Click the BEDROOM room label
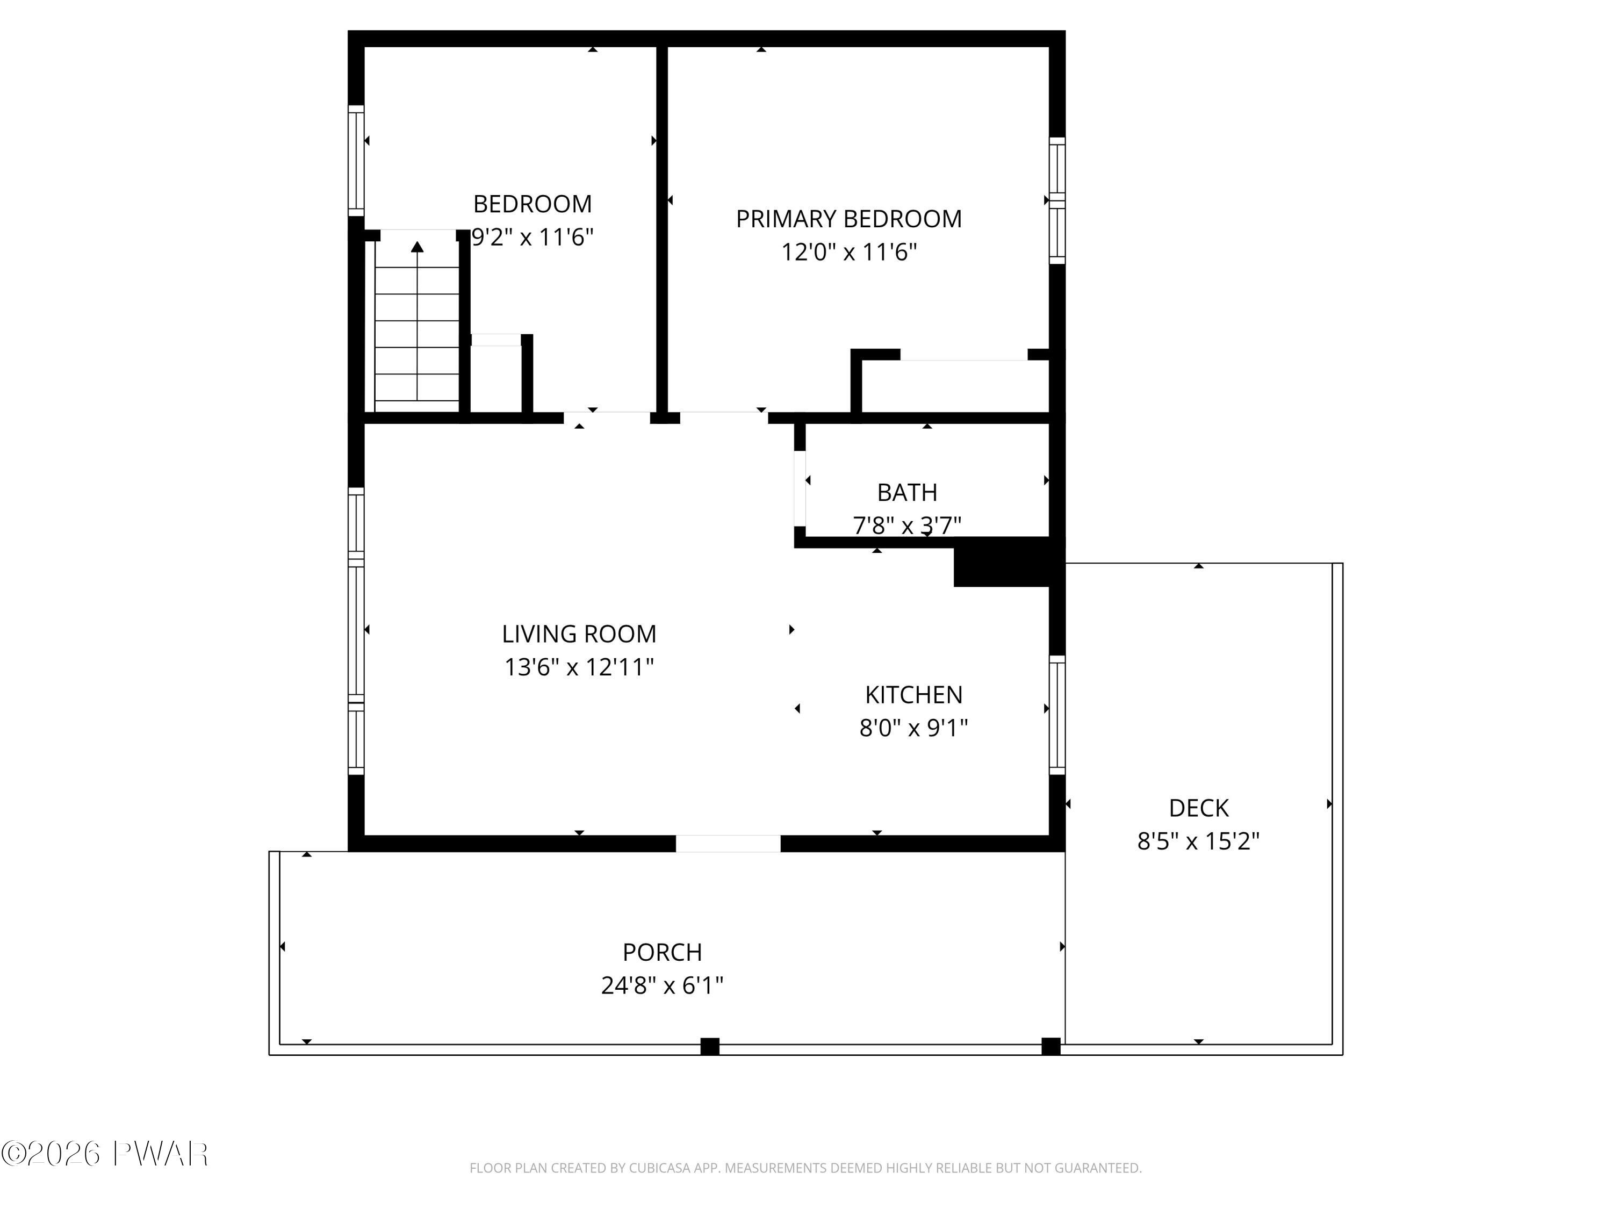532,204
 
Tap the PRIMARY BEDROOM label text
848,219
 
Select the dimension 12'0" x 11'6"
849,252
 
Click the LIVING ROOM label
579,634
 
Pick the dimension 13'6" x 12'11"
579,667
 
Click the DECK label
1198,808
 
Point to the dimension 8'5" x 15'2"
1198,841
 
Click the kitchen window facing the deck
1057,715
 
